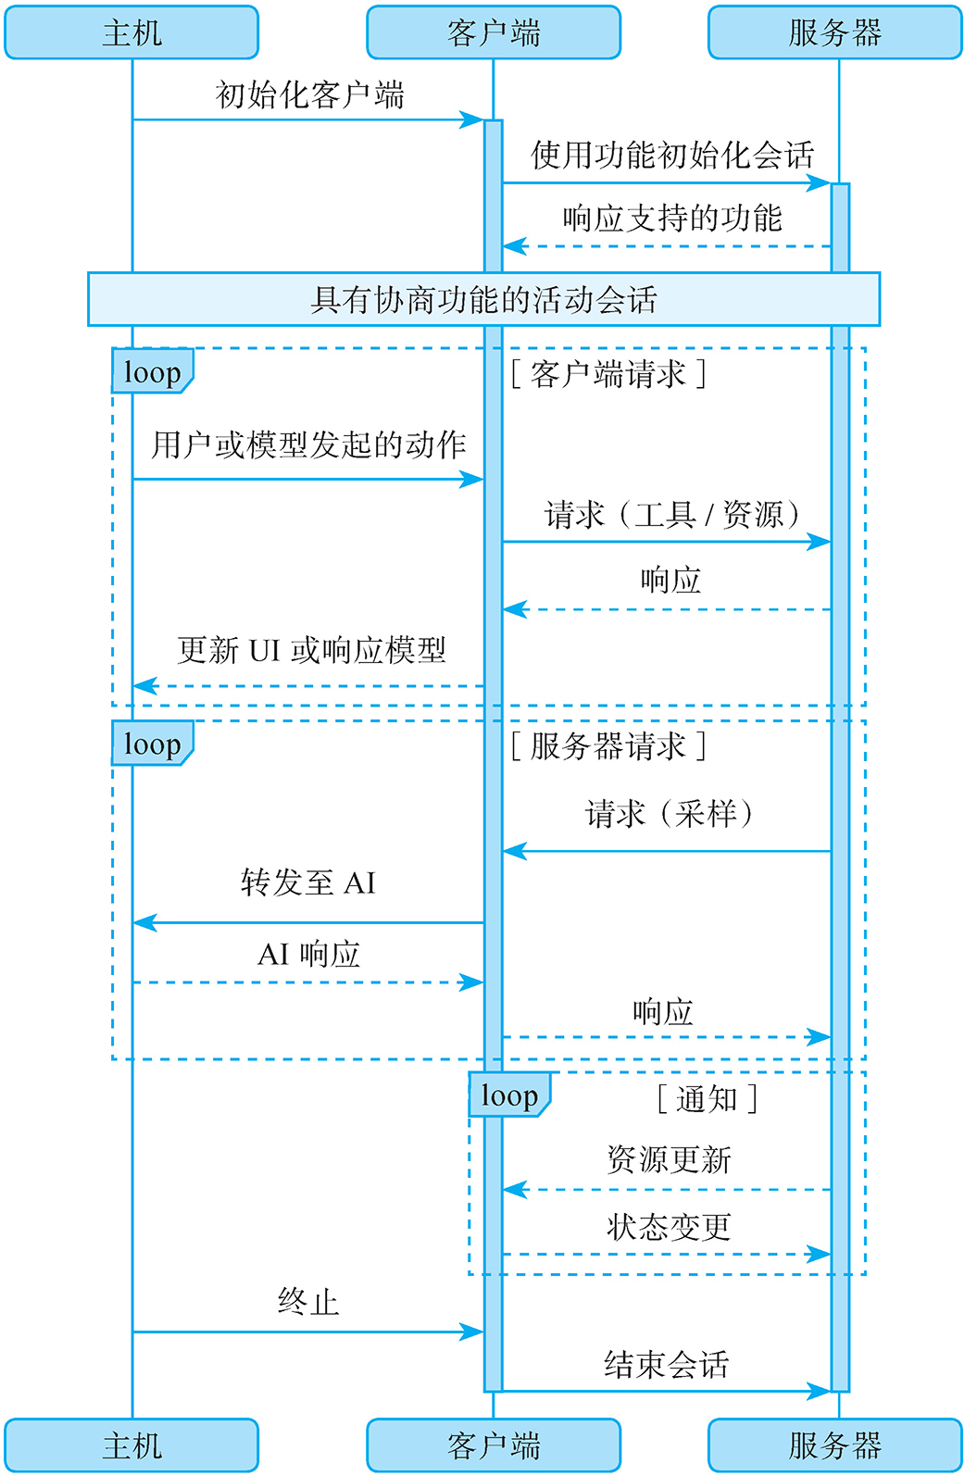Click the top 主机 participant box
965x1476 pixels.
click(x=132, y=33)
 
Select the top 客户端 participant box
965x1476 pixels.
click(x=493, y=33)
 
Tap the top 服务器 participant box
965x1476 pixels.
click(x=834, y=33)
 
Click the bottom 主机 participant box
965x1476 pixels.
click(x=132, y=1445)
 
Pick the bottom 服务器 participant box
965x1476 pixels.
click(x=834, y=1445)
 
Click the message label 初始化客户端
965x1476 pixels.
click(x=309, y=94)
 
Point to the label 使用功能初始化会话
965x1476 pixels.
click(x=671, y=155)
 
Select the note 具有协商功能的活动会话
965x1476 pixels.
click(x=483, y=299)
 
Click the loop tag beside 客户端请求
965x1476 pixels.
click(x=152, y=372)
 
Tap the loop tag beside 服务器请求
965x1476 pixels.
click(x=152, y=744)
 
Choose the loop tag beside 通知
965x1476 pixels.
click(x=508, y=1095)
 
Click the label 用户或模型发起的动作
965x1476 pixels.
click(x=308, y=444)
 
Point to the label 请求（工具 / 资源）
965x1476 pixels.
click(x=671, y=514)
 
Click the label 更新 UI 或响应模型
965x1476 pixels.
click(x=311, y=650)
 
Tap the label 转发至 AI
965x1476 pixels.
click(x=308, y=882)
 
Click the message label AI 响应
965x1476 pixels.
click(x=308, y=953)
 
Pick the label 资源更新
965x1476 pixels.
click(x=669, y=1158)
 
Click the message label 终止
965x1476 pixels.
click(x=308, y=1302)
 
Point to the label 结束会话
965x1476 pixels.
click(x=666, y=1364)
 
